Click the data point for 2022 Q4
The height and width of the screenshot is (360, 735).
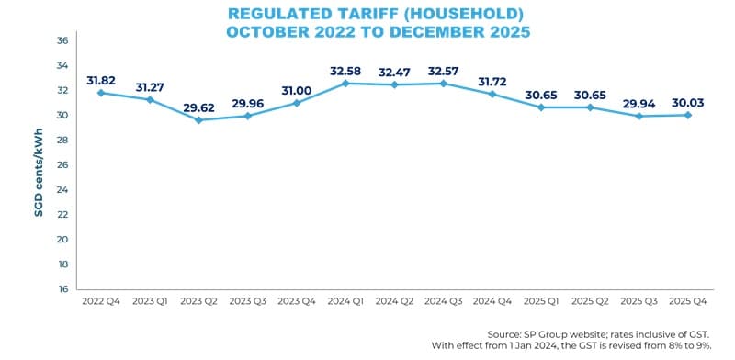[100, 93]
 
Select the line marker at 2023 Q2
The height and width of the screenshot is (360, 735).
[198, 120]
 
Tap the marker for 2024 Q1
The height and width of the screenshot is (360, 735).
[346, 84]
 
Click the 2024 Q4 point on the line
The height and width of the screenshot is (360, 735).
[493, 94]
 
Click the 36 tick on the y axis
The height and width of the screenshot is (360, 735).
[62, 41]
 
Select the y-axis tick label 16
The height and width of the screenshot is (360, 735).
[62, 289]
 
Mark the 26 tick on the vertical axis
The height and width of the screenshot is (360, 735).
[62, 165]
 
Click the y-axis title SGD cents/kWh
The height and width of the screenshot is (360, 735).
[40, 165]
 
